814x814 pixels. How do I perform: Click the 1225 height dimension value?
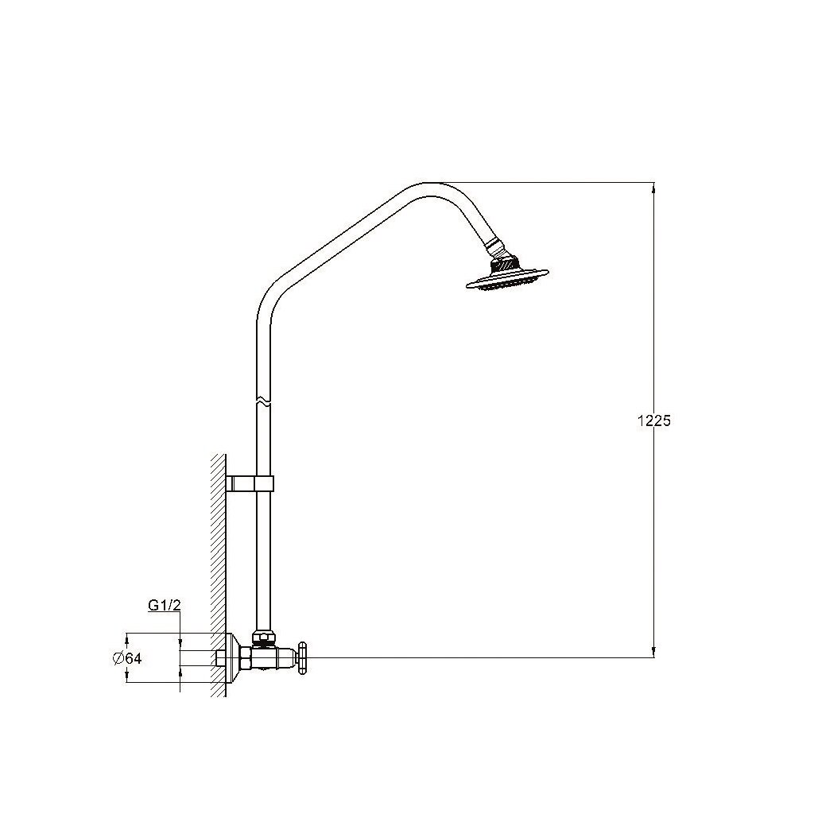(654, 421)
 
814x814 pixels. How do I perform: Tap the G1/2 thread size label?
(165, 606)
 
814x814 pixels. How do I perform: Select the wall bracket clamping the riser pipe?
(251, 483)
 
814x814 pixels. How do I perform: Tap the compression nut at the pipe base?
(263, 638)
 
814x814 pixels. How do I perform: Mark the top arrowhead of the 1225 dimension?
(653, 188)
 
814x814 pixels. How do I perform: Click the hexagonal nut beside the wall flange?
(245, 658)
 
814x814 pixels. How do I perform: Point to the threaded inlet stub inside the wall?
(221, 658)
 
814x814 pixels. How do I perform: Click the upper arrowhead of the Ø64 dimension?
(127, 638)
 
